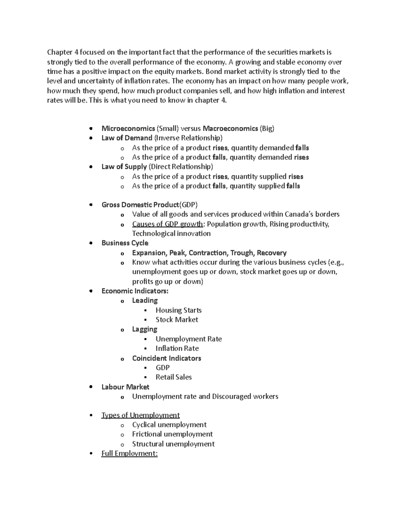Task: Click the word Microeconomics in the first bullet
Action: click(128, 128)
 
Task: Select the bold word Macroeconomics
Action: click(230, 128)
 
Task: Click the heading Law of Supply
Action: click(124, 167)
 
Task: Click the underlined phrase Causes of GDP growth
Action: click(167, 224)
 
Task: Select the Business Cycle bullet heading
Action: click(125, 243)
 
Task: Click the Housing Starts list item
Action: click(178, 310)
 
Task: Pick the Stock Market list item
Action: click(177, 320)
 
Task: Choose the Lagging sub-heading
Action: click(144, 329)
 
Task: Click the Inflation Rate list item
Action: click(177, 349)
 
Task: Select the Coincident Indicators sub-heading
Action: click(166, 358)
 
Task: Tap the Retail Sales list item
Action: click(174, 377)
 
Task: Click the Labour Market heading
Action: click(125, 387)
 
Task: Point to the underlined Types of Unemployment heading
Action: click(140, 415)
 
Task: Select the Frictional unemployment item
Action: click(172, 434)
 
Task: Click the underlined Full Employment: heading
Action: click(129, 454)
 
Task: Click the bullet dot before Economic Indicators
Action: click(91, 291)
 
